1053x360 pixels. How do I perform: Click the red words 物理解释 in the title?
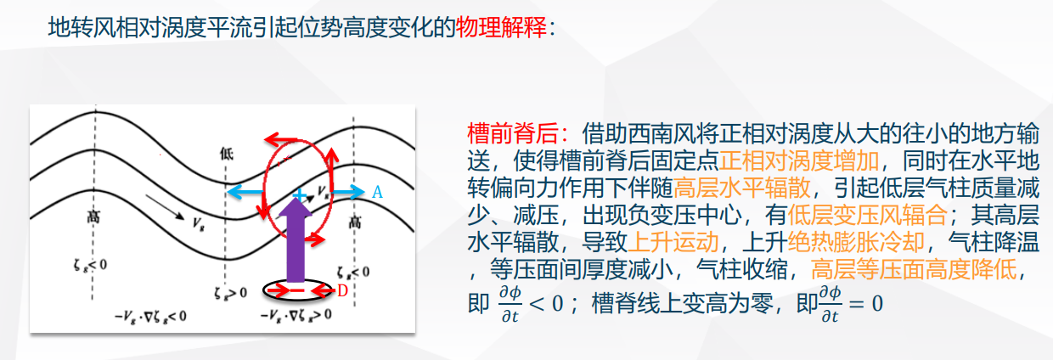point(501,27)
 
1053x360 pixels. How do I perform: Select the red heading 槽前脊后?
point(512,134)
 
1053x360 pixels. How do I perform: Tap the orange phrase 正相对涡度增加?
point(799,160)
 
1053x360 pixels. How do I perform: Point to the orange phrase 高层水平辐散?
point(742,188)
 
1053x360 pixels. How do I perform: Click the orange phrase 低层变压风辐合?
point(868,216)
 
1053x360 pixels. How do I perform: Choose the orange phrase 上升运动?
point(673,243)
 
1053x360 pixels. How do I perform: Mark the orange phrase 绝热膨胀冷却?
point(857,243)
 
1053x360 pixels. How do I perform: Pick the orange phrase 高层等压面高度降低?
point(914,270)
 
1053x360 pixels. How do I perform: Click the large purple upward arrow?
point(296,239)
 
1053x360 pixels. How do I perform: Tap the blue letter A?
point(377,192)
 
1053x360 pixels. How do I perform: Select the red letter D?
point(342,291)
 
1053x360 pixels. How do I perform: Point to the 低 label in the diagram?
point(227,154)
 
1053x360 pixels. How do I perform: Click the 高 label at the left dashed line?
point(93,217)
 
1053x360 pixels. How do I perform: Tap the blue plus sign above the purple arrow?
point(300,194)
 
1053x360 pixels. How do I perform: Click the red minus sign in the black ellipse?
point(297,291)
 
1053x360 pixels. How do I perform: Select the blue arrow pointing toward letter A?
point(348,192)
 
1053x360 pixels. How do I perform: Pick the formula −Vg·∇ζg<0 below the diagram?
point(150,317)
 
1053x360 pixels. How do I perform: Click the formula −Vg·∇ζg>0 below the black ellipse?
point(296,314)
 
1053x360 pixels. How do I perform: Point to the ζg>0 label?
point(230,293)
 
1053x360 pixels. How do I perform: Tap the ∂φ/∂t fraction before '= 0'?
point(830,304)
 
